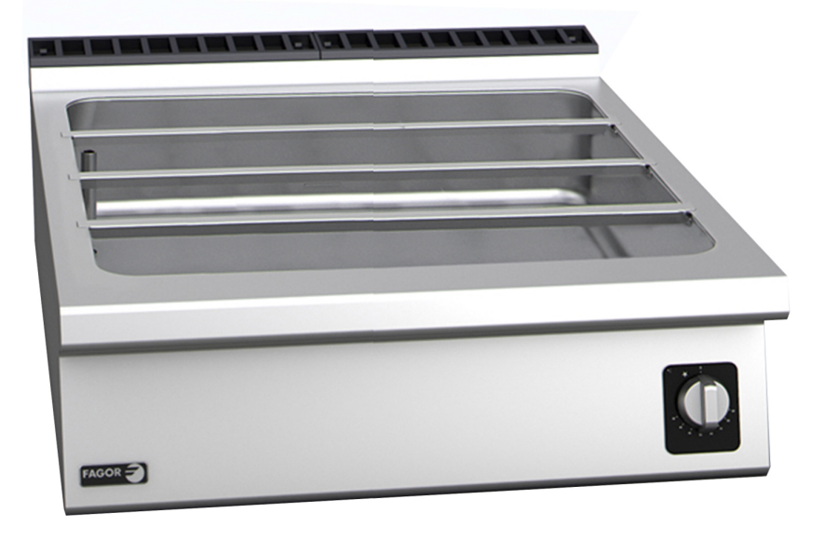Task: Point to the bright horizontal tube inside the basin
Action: point(307,200)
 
